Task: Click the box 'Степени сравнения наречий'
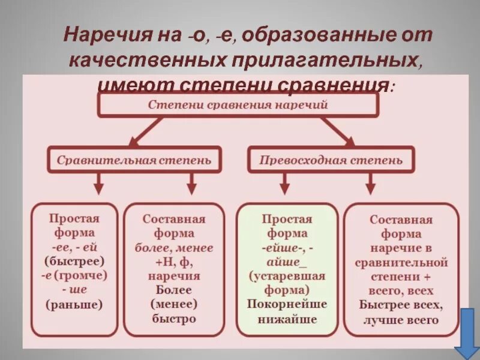click(x=238, y=104)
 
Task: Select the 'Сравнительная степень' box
click(x=134, y=160)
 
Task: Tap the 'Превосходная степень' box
click(x=331, y=160)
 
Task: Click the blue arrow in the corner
click(x=466, y=333)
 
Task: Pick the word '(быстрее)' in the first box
click(x=74, y=261)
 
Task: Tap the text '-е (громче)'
click(x=74, y=275)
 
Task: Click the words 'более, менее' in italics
click(x=174, y=247)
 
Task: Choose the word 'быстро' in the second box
click(x=174, y=319)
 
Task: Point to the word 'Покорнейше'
click(x=287, y=304)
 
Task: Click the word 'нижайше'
click(x=287, y=319)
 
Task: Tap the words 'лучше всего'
click(x=401, y=320)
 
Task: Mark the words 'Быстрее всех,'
click(x=401, y=305)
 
